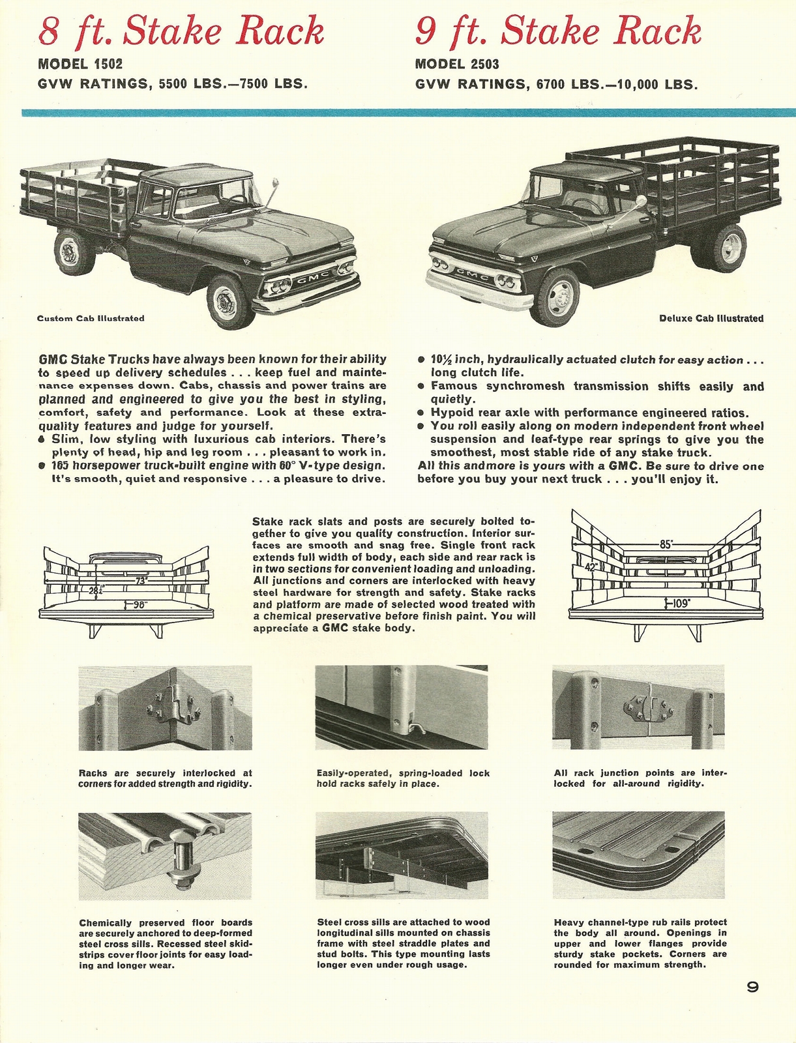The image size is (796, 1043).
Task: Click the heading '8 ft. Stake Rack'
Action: pos(181,31)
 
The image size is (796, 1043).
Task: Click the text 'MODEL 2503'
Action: pos(457,65)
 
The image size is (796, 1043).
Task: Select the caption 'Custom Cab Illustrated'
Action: pos(91,319)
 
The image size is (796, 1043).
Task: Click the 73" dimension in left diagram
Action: pos(141,580)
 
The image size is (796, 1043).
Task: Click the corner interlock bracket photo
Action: pos(165,708)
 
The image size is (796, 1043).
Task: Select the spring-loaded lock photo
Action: pos(401,707)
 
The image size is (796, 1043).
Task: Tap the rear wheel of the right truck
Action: pos(728,247)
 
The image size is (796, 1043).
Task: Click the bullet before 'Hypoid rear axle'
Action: pos(421,413)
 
